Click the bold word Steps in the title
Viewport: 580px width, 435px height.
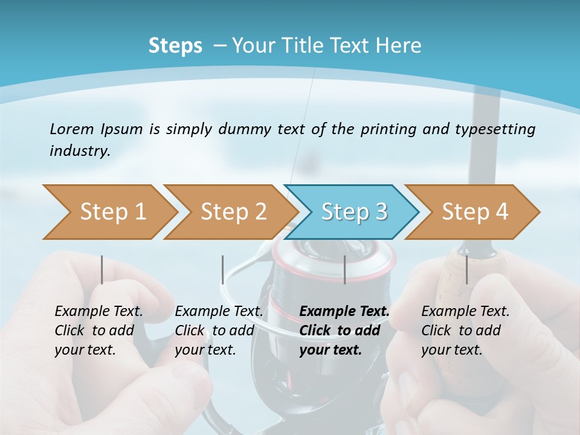click(x=175, y=45)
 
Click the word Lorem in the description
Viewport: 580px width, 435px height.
click(x=71, y=129)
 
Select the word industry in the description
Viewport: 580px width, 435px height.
click(x=80, y=150)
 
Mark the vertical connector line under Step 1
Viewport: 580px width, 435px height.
click(x=101, y=269)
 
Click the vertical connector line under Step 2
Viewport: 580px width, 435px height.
click(x=223, y=269)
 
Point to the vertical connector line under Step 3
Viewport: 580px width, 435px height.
click(x=344, y=269)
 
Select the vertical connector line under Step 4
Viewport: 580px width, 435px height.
click(x=466, y=269)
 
